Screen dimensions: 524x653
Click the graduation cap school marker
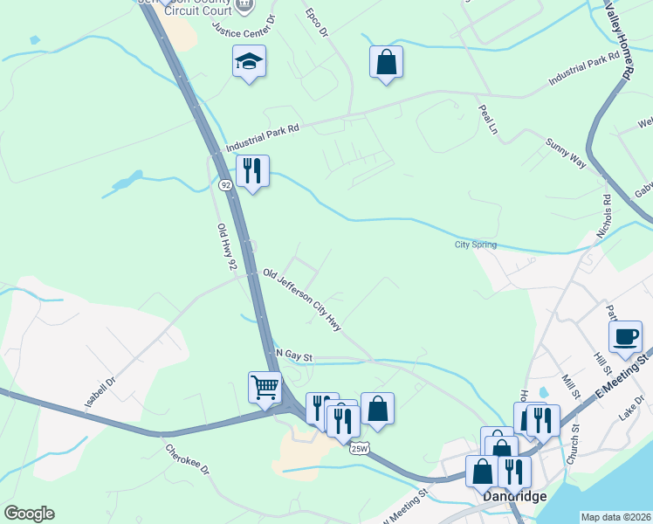coord(249,62)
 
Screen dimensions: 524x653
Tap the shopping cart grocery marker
coord(265,385)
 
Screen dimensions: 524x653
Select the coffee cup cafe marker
coord(625,337)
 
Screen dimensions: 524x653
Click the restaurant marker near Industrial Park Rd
coord(252,171)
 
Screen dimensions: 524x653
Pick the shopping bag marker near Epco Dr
coord(386,62)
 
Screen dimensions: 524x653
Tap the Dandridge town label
coord(515,496)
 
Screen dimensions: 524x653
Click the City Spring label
coord(475,245)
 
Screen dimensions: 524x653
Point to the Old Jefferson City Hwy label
coord(302,300)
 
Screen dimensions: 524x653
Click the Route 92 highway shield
coord(225,185)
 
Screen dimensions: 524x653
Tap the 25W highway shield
coord(359,448)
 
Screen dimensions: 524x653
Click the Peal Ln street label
coord(487,119)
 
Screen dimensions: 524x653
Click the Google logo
coord(29,514)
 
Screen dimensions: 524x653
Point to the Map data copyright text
coord(615,517)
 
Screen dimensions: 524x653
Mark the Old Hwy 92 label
coord(227,247)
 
